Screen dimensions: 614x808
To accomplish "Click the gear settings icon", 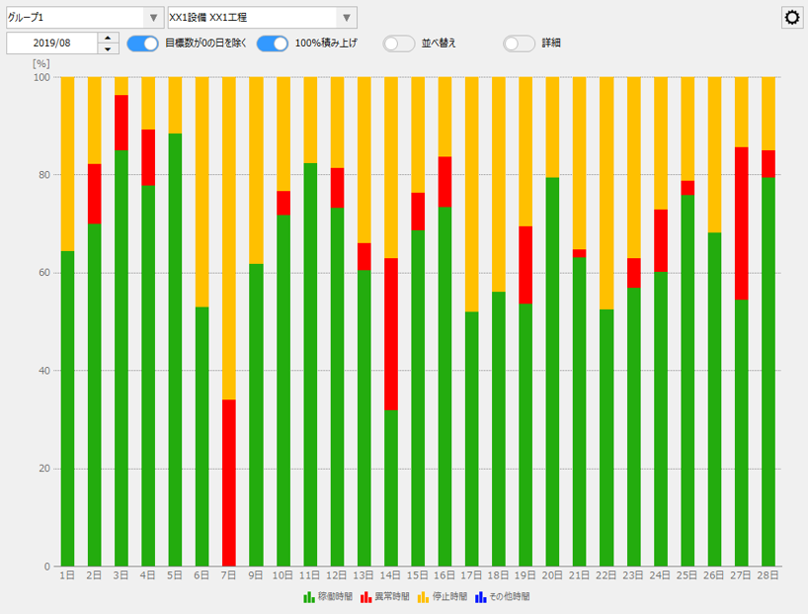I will click(792, 18).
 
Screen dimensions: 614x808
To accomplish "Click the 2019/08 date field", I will click(52, 44).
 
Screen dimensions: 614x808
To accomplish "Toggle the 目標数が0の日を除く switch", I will click(142, 44).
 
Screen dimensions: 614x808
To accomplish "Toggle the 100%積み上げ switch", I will click(273, 44).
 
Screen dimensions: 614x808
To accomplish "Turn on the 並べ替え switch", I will click(399, 44).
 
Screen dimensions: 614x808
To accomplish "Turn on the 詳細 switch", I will click(520, 44).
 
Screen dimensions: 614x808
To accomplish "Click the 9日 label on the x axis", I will click(256, 574).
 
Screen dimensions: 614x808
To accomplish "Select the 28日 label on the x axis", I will click(768, 574).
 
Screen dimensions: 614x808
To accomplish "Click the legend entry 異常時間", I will click(385, 597).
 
